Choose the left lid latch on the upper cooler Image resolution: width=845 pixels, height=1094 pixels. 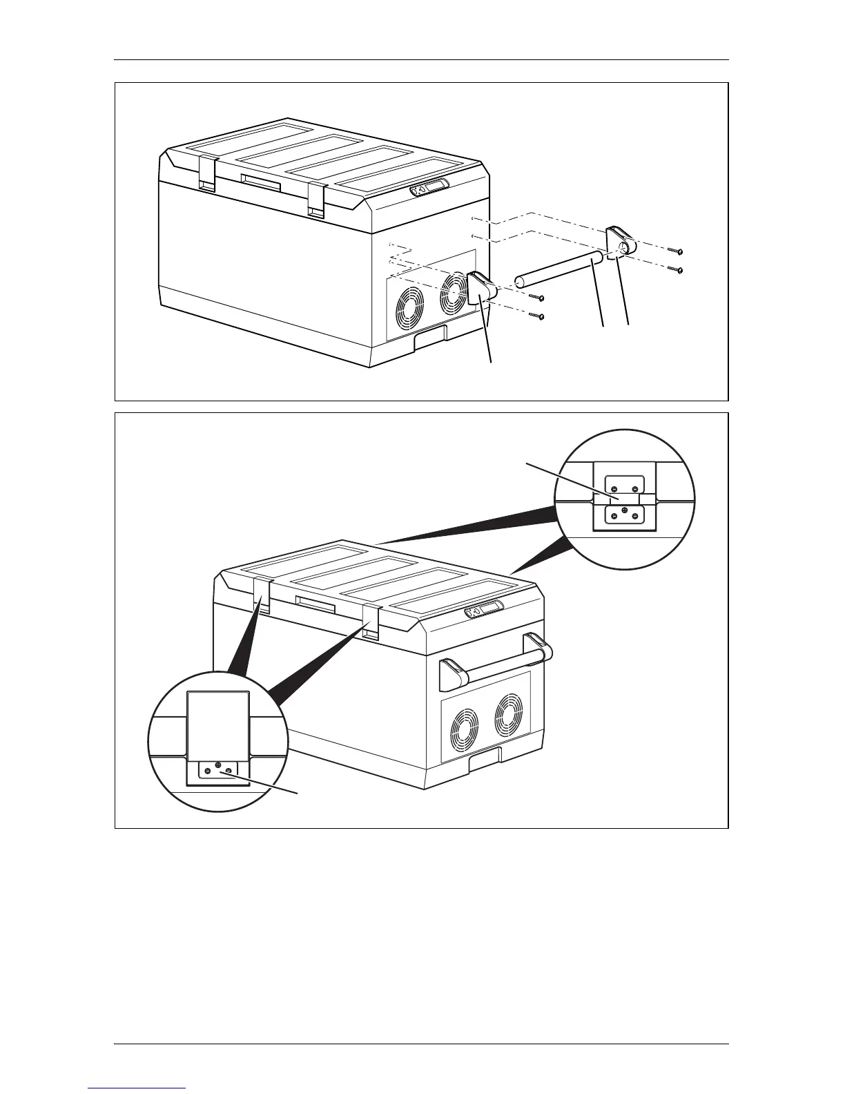coord(206,173)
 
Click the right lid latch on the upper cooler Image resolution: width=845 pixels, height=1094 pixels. coord(316,200)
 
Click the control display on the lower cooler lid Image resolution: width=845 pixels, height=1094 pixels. coord(485,611)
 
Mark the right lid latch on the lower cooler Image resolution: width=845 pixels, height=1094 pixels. coord(371,622)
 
